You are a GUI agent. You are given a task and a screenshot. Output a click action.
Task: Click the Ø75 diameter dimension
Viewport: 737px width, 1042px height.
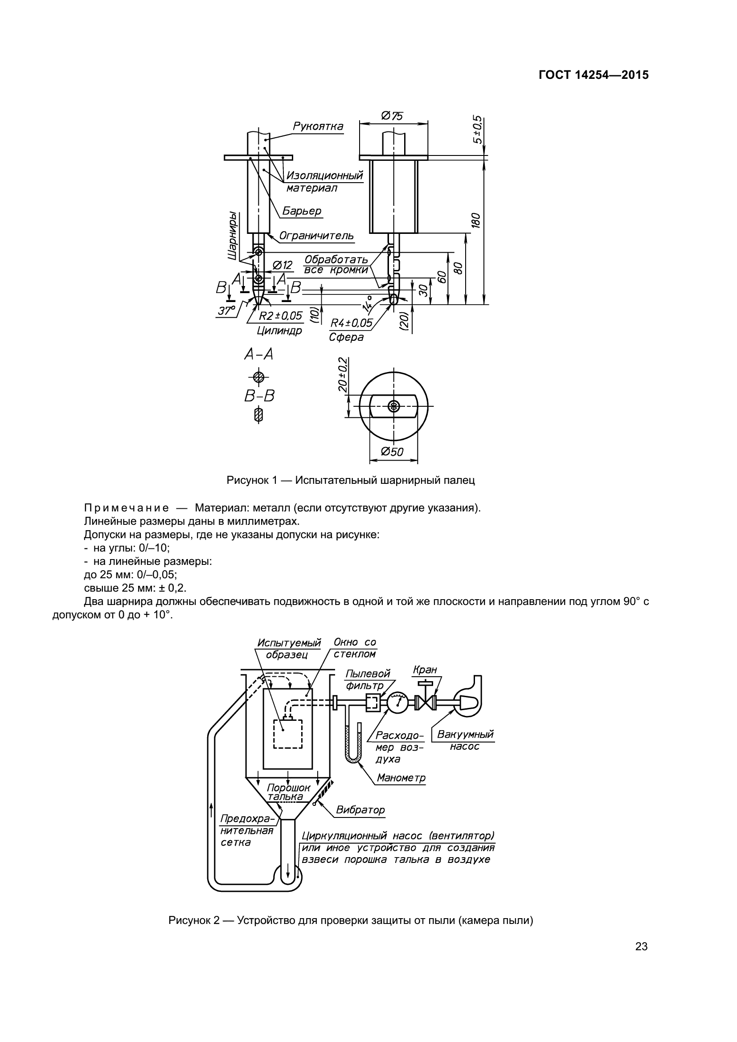coord(393,116)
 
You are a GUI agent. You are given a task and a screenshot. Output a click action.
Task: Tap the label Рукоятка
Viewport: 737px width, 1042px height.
coord(318,126)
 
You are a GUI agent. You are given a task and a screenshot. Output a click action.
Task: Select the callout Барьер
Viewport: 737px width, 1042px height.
coord(302,211)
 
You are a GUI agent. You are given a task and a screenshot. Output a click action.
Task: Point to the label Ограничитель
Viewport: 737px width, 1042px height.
coord(316,236)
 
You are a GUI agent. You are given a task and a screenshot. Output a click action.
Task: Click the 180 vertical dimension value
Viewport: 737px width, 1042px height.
coord(476,221)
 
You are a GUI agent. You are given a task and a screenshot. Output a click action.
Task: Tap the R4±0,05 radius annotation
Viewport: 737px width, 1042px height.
coord(351,323)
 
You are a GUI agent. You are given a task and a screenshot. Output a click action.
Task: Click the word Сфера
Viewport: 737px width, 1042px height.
coord(346,337)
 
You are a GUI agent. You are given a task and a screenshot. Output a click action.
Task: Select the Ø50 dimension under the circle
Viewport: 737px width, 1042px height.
coord(393,452)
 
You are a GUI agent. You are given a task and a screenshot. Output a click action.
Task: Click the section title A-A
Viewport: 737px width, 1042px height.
coord(259,354)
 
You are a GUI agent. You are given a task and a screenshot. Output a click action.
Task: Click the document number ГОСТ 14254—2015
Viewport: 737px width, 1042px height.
coord(594,75)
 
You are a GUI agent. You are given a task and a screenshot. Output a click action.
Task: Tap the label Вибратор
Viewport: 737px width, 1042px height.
coord(360,810)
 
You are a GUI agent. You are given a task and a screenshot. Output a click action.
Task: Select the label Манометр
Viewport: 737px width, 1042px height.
coord(401,778)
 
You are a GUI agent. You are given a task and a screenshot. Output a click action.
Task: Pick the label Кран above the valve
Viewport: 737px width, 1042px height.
coord(425,670)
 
